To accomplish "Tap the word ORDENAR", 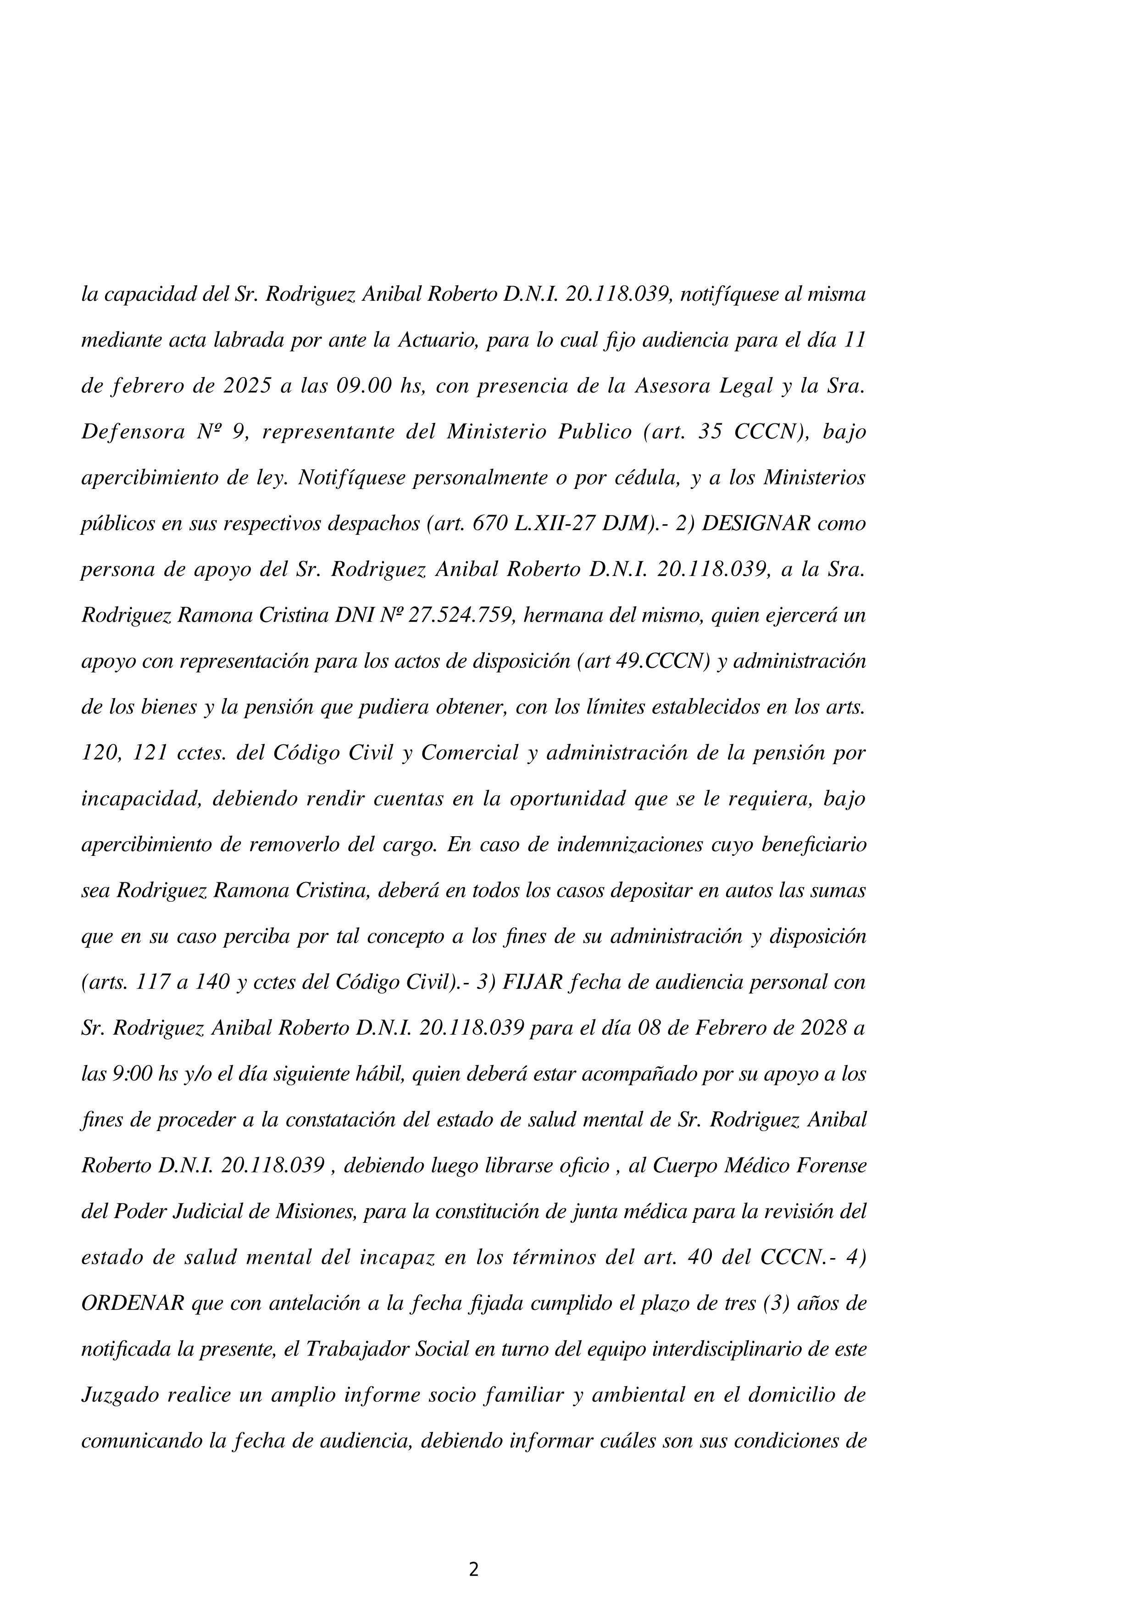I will (x=133, y=1304).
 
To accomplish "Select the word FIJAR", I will (x=528, y=982).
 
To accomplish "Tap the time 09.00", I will (x=363, y=386).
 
